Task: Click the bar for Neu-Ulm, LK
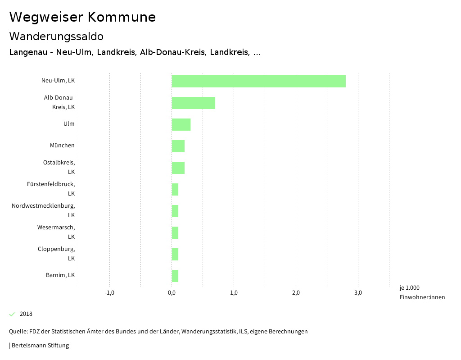tap(258, 81)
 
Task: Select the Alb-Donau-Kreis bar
tap(193, 103)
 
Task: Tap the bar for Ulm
tap(181, 124)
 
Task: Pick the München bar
tap(178, 146)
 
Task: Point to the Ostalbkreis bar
tap(178, 168)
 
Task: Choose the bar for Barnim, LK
tap(175, 276)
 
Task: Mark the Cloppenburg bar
tap(175, 254)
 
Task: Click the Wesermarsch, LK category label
tap(56, 232)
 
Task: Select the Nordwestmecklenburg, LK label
tap(43, 210)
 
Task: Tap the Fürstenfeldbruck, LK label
tap(51, 189)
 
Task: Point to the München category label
tap(62, 146)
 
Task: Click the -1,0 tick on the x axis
tap(109, 293)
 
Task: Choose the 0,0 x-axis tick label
tap(172, 293)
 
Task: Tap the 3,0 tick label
tap(358, 293)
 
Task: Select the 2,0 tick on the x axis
tap(296, 293)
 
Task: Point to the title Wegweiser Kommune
tap(82, 17)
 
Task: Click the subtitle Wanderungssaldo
tap(56, 36)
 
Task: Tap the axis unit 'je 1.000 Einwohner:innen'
tap(422, 292)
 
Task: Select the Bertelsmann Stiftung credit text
tap(39, 346)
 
